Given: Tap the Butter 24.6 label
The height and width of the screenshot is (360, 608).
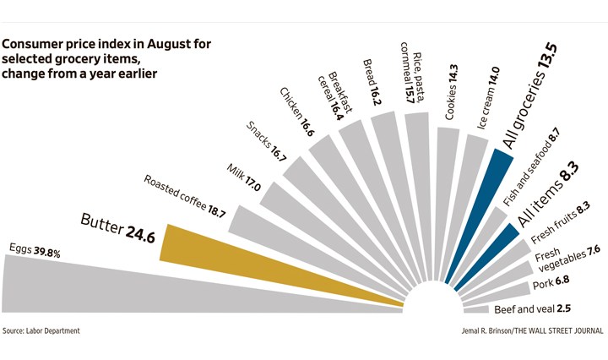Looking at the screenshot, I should point(118,227).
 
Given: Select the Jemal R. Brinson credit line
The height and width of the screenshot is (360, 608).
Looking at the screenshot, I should point(524,330).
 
